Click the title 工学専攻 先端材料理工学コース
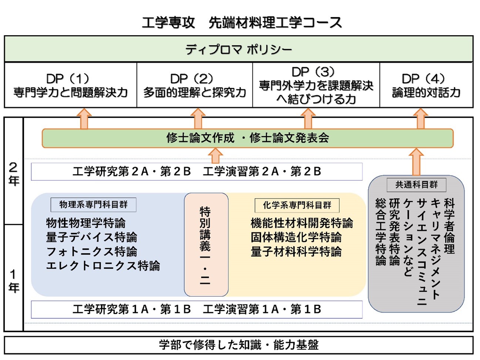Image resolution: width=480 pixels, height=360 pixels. click(242, 23)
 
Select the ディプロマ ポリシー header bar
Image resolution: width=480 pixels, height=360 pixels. click(238, 49)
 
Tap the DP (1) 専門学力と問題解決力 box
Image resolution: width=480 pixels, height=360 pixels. click(70, 86)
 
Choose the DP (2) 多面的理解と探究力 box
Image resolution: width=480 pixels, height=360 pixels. click(194, 86)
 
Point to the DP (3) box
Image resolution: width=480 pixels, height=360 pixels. click(316, 86)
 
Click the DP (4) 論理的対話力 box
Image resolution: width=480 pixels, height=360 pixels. click(426, 86)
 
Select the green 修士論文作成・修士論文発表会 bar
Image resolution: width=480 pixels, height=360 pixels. click(247, 138)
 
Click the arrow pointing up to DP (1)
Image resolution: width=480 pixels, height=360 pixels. click(84, 119)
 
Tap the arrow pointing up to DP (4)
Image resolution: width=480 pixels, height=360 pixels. click(420, 119)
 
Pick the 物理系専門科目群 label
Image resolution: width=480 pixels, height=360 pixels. click(93, 204)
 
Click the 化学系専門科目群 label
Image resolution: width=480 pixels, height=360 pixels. click(297, 205)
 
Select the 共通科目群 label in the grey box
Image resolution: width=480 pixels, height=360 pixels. click(416, 184)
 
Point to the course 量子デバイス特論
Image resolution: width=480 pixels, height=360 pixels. click(91, 237)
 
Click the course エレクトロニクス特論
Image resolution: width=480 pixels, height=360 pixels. click(103, 266)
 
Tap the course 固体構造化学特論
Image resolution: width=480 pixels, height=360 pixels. click(296, 237)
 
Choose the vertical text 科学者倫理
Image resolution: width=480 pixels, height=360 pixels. click(449, 226)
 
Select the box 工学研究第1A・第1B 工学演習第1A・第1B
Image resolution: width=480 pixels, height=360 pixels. click(197, 309)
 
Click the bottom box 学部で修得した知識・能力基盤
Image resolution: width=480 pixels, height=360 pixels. click(238, 345)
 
